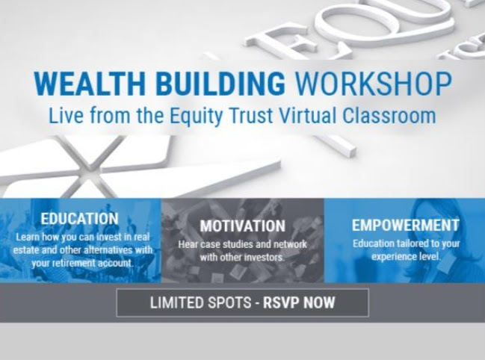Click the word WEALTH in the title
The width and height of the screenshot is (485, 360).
point(90,84)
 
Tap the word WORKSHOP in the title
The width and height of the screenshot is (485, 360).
point(373,84)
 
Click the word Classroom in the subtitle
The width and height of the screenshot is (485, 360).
point(389,116)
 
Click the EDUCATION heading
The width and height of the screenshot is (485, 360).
point(79,219)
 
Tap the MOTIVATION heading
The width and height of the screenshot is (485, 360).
point(242,226)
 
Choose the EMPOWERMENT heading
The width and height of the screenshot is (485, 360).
point(406,226)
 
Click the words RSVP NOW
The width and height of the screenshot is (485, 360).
point(299,302)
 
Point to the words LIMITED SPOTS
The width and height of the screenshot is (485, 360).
point(200,302)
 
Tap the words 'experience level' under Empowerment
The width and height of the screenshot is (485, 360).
point(406,256)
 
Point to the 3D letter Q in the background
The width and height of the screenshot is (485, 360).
point(381,22)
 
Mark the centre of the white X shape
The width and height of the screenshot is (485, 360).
point(90,167)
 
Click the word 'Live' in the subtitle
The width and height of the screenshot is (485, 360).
point(66,116)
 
